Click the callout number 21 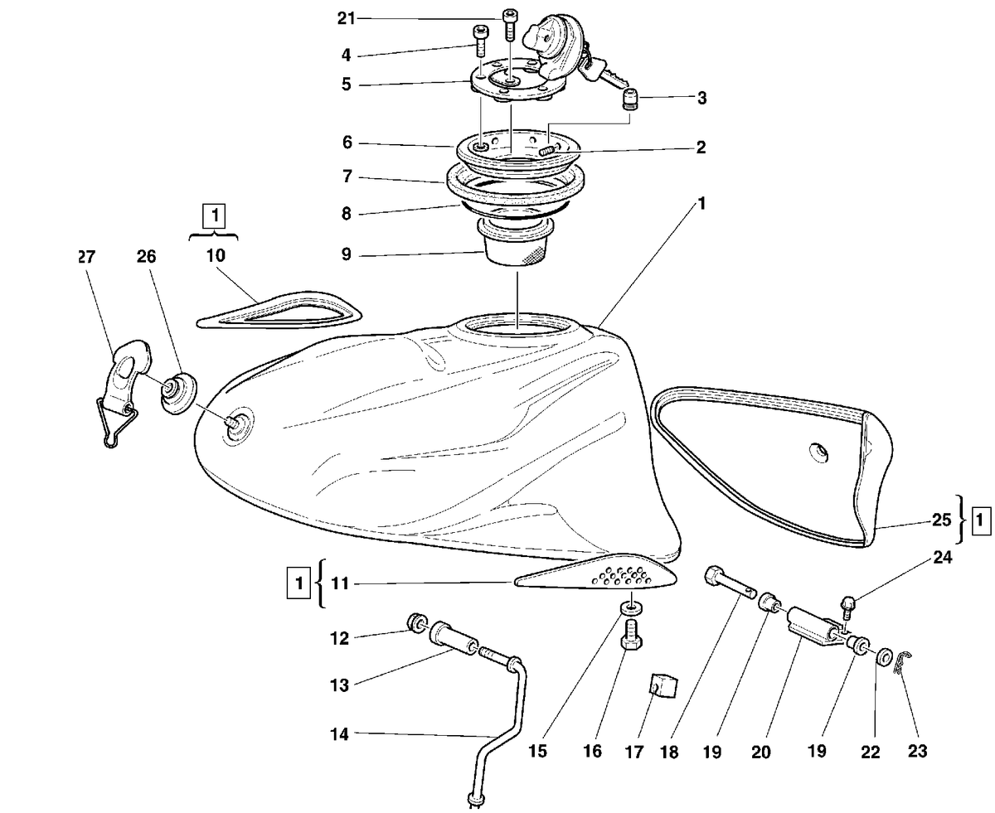click(346, 19)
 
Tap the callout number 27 click(87, 257)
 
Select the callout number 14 click(339, 733)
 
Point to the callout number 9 click(347, 254)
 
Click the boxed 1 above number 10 click(214, 216)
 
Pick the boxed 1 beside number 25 click(980, 520)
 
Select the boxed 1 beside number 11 click(298, 583)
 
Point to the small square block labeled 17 click(664, 685)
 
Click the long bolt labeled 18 click(730, 583)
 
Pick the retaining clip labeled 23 click(904, 663)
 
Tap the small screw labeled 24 click(847, 608)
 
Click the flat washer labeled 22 click(883, 656)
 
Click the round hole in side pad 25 click(818, 452)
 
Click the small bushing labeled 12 click(417, 622)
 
